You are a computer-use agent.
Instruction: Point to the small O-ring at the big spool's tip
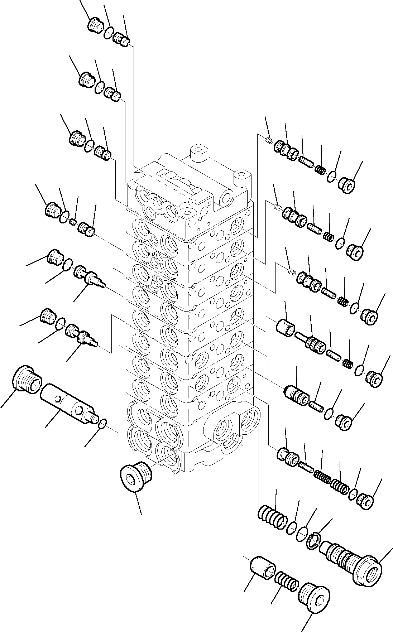[x=102, y=423]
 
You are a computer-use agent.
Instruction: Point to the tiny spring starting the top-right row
[x=270, y=140]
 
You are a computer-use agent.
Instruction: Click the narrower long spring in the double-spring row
[x=321, y=474]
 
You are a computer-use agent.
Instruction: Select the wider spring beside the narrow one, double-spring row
[x=339, y=486]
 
